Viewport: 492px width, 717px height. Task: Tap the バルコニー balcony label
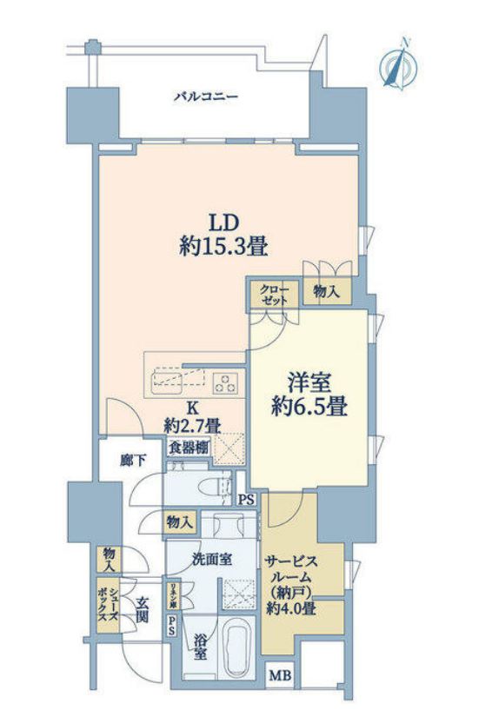[x=206, y=96]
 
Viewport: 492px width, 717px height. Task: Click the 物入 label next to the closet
[x=327, y=294]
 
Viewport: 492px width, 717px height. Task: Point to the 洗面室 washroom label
[x=211, y=559]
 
